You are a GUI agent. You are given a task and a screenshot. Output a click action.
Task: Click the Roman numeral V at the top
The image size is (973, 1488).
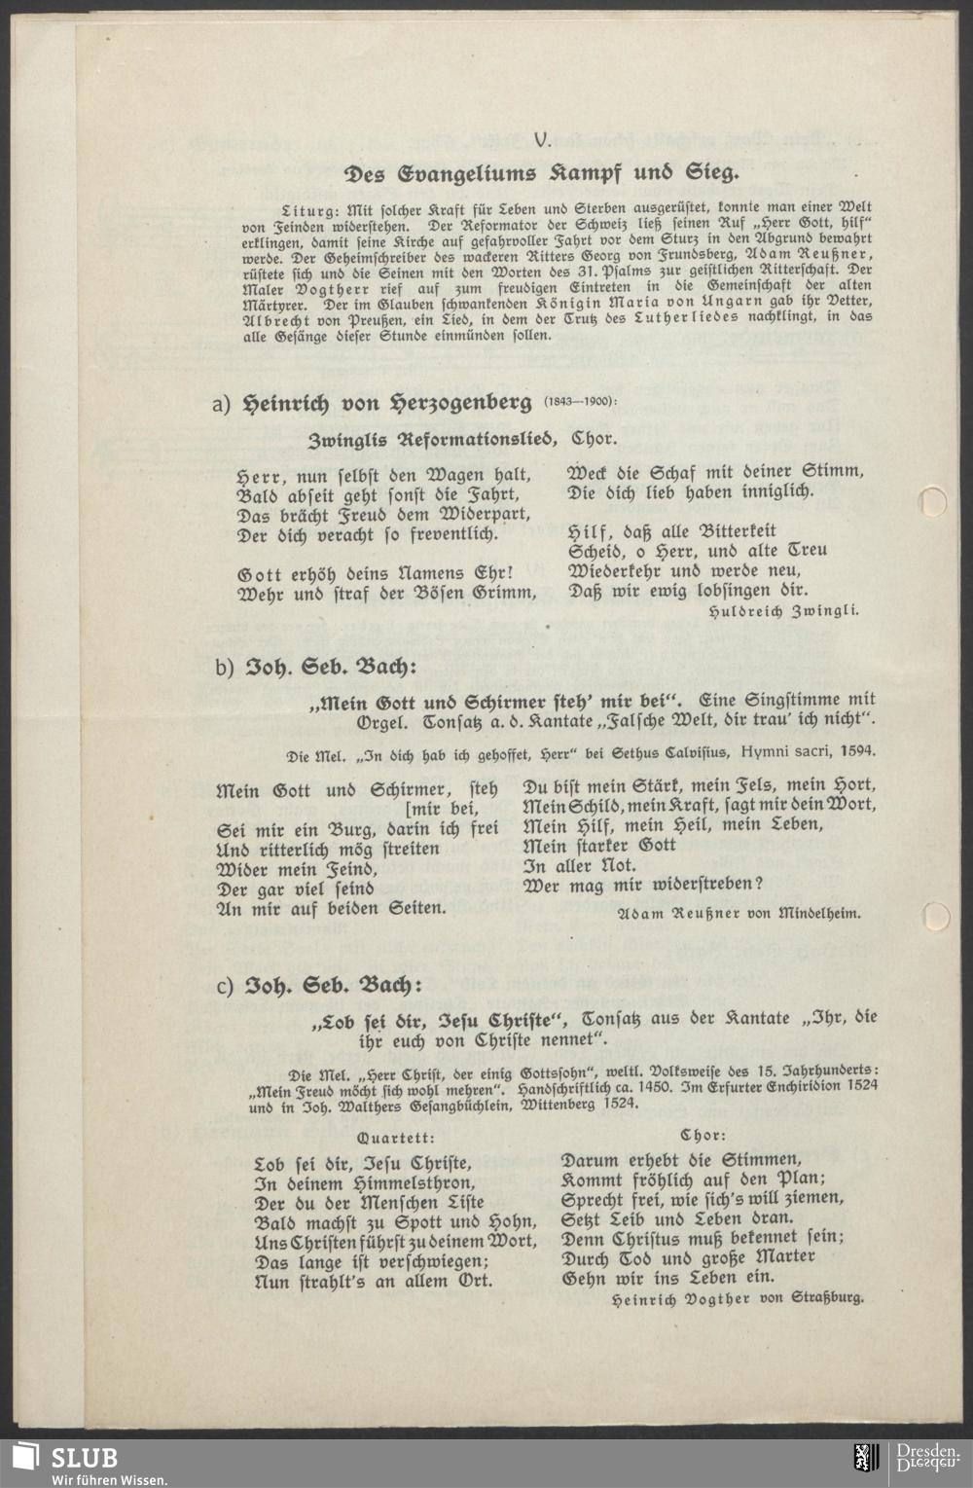pyautogui.click(x=542, y=140)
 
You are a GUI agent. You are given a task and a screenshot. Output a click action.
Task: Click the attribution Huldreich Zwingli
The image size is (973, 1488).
pyautogui.click(x=783, y=611)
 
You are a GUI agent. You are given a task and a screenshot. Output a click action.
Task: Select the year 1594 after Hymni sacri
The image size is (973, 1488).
pyautogui.click(x=854, y=749)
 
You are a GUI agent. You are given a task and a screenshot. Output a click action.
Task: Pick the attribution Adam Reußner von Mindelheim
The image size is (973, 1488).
pyautogui.click(x=739, y=913)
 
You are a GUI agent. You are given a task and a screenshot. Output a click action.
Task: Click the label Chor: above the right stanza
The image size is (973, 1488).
pyautogui.click(x=703, y=1135)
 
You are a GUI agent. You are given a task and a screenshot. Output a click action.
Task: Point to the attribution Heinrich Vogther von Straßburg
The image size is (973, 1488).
pyautogui.click(x=738, y=1297)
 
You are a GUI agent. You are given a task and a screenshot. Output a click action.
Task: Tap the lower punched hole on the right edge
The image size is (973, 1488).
pyautogui.click(x=935, y=916)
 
